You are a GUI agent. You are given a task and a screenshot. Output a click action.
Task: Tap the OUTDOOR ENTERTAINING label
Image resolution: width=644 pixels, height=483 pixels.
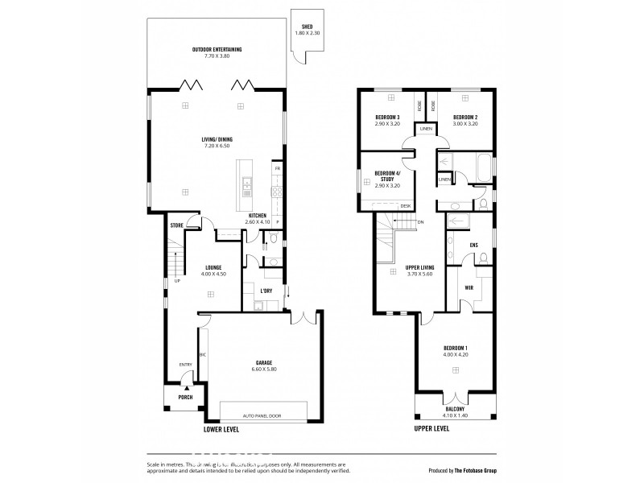click(x=217, y=50)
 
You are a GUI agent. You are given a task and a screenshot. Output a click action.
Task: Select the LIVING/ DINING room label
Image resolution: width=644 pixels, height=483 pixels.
click(x=217, y=139)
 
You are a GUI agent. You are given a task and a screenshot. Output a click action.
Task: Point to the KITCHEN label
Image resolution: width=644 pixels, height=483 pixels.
click(x=258, y=216)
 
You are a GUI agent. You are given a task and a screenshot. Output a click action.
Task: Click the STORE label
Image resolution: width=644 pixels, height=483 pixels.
click(x=177, y=225)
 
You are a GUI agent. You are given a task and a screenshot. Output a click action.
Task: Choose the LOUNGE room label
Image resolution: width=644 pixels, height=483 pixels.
click(x=213, y=267)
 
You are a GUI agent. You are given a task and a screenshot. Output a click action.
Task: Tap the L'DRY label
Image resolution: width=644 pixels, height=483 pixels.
click(x=266, y=290)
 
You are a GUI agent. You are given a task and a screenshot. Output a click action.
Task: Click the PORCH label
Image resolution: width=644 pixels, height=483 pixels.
click(x=185, y=397)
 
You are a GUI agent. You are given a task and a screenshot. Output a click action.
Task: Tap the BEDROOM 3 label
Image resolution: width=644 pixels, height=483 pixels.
click(x=388, y=118)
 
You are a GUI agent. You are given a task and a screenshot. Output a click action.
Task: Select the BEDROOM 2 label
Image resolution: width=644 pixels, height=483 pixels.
click(x=466, y=118)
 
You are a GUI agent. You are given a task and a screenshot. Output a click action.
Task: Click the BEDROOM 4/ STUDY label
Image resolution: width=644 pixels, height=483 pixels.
click(x=388, y=177)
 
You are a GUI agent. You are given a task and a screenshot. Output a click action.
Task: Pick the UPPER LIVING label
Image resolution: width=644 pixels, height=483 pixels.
click(x=420, y=266)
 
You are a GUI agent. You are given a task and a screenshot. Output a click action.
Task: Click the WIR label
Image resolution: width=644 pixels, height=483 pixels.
click(x=468, y=287)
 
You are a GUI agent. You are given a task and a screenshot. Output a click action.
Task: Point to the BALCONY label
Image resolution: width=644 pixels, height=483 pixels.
click(x=456, y=409)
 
